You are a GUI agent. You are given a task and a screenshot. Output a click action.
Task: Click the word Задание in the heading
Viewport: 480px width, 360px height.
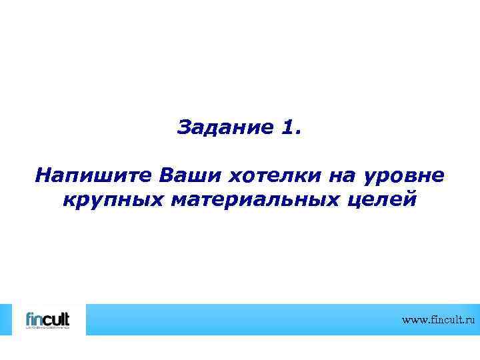pos(221,127)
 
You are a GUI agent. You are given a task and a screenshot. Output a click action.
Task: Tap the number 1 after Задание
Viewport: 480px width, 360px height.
pos(287,127)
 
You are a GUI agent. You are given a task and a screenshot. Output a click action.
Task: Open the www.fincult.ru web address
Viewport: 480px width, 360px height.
pos(440,321)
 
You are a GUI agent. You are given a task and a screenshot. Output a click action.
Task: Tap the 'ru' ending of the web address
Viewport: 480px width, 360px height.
pos(472,321)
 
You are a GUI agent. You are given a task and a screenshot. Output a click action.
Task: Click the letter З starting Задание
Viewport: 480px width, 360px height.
pos(184,127)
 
